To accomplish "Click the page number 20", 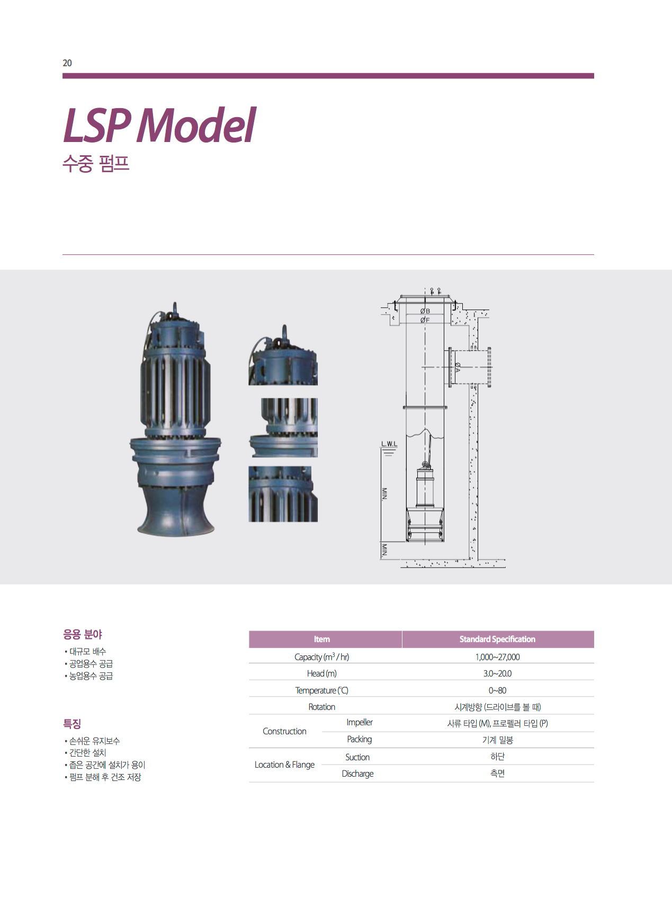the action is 67,63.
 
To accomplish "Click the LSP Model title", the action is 159,126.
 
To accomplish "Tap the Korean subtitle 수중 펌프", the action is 96,163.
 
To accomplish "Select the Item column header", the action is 321,639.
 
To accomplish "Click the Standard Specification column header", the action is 497,639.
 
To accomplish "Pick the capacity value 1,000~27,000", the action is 497,657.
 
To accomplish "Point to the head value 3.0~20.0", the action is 497,673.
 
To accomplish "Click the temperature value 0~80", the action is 497,690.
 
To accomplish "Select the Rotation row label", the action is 321,707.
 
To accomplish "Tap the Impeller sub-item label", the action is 360,722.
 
